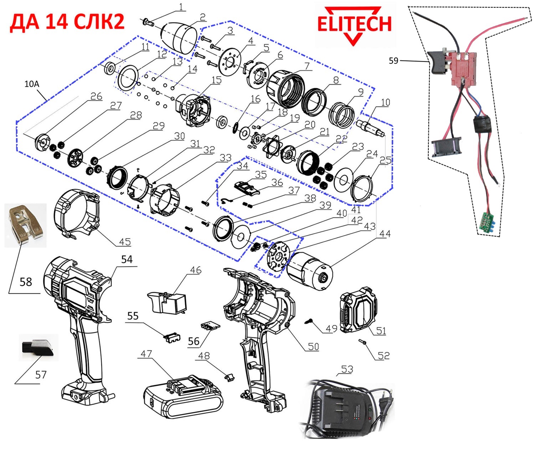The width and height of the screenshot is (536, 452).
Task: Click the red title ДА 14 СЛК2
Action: pos(67,21)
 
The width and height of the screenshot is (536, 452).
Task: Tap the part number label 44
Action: pos(385,234)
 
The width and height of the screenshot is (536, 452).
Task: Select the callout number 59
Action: pos(393,61)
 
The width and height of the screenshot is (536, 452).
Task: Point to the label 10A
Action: pos(32,84)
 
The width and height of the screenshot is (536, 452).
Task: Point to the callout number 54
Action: pos(127,259)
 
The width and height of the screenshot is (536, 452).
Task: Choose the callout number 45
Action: pos(125,242)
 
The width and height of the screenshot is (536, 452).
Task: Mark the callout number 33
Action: pos(225,158)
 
